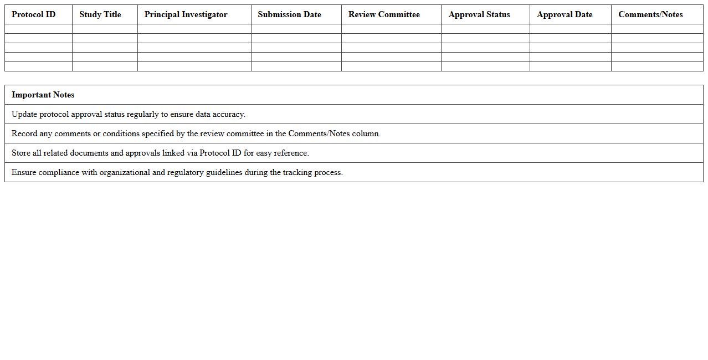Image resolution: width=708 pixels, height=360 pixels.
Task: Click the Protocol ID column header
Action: (x=34, y=14)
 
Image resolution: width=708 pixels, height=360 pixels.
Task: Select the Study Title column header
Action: (x=100, y=14)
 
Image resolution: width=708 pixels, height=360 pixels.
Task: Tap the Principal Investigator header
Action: (x=186, y=14)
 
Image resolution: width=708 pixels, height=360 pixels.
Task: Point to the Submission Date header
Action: (x=289, y=14)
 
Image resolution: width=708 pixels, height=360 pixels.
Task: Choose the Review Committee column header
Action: (x=384, y=14)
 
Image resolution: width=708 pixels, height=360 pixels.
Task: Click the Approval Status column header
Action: (x=479, y=14)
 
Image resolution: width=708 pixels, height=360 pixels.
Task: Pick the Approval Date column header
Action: (x=565, y=14)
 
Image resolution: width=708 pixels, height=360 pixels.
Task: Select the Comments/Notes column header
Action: (x=650, y=14)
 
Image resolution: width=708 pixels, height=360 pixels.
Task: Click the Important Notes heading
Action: (x=43, y=95)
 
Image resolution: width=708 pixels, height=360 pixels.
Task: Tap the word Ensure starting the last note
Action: (x=24, y=172)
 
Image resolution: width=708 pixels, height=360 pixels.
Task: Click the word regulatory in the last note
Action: (x=186, y=172)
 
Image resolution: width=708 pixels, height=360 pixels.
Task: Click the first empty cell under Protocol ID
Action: (x=38, y=29)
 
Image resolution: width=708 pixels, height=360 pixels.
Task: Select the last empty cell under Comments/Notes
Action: (x=657, y=66)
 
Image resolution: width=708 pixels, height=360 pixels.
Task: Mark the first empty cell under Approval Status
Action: (x=485, y=29)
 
